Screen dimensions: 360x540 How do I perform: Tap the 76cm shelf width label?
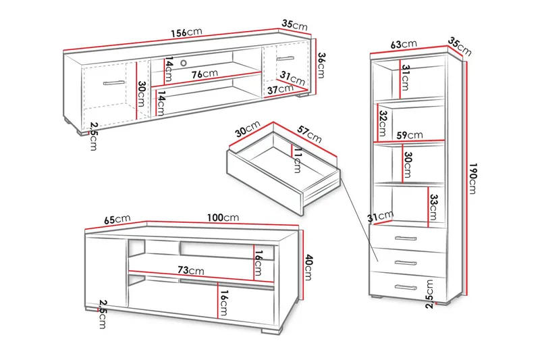point(204,74)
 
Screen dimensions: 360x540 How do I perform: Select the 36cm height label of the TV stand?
point(322,66)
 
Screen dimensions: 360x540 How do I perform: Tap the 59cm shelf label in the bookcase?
point(409,135)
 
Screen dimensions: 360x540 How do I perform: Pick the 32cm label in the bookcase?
point(382,122)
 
